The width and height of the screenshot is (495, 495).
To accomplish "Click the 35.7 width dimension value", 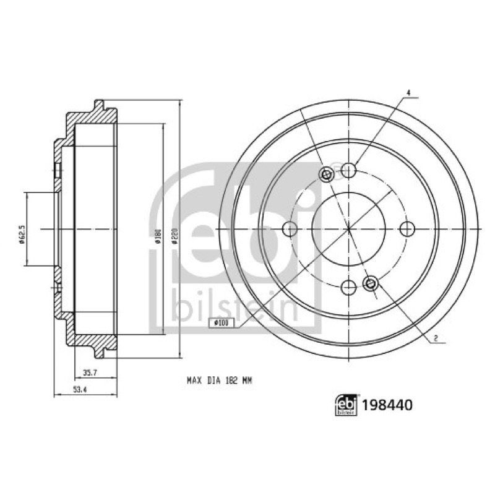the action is [x=90, y=373].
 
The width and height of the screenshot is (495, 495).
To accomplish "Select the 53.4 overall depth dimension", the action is [x=80, y=390].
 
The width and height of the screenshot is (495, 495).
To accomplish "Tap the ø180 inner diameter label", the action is [x=158, y=236].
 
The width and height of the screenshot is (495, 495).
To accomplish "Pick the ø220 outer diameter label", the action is [x=176, y=236].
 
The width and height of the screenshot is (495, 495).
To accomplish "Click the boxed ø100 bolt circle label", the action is [x=221, y=322].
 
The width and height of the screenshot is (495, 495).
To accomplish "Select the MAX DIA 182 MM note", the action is [x=220, y=381].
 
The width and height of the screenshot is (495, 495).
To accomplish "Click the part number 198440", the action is [x=387, y=405].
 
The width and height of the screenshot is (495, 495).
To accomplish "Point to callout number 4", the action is [x=408, y=93].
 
